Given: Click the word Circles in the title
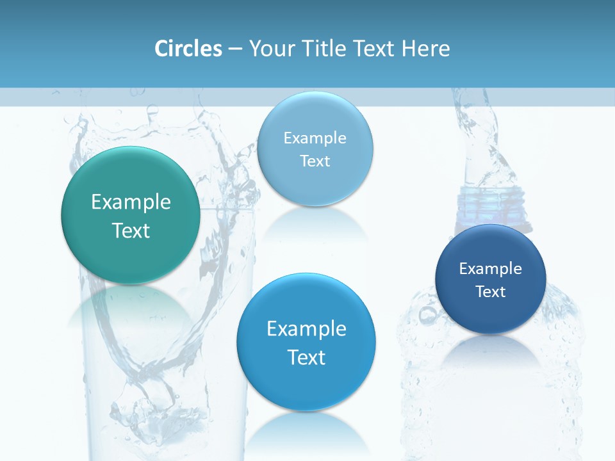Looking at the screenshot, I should click(x=188, y=49).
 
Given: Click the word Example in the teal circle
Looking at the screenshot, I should click(x=131, y=202).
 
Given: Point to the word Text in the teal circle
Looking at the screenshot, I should click(x=131, y=230).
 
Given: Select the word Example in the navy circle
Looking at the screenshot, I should click(x=491, y=269).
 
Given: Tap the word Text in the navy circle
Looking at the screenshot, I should click(x=491, y=292).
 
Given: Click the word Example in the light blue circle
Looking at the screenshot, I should click(x=315, y=138).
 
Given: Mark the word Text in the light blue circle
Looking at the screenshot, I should click(x=315, y=161).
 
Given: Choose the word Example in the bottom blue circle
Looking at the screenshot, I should click(x=306, y=329).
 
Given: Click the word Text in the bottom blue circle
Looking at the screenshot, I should click(x=306, y=357).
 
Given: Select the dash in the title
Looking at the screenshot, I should click(x=235, y=49).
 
